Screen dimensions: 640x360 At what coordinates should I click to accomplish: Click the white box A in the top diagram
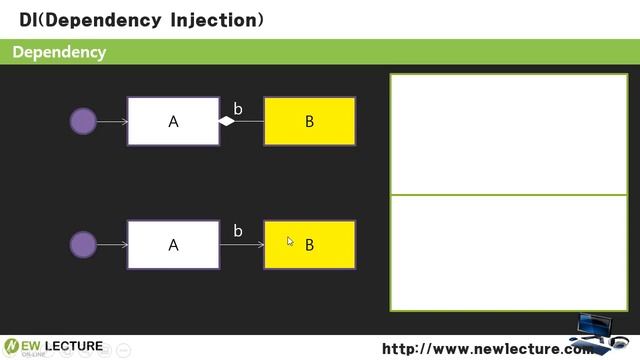point(173,121)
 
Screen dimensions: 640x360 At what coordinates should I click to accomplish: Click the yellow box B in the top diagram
point(309,121)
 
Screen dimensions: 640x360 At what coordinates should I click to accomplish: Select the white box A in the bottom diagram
point(173,244)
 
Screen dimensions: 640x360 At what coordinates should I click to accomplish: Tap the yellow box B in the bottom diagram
point(309,244)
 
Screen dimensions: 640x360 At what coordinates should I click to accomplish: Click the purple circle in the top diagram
point(83,122)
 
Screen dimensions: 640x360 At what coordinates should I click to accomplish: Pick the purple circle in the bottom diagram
point(83,244)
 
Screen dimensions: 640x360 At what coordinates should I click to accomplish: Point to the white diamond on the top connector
point(227,122)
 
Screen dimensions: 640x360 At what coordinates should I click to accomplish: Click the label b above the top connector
point(238,108)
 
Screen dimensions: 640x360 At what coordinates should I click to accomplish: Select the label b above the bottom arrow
point(238,231)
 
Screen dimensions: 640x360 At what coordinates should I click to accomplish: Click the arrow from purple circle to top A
point(112,122)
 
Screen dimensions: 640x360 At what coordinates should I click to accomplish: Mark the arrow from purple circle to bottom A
point(112,244)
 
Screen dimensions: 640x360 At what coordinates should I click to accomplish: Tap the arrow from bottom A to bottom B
point(241,244)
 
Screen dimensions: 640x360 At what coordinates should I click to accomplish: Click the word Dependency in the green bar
point(59,52)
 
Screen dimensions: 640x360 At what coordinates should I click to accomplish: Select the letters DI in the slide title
point(29,19)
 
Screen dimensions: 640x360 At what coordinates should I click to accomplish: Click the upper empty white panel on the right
point(508,134)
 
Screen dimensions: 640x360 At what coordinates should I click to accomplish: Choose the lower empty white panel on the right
point(508,252)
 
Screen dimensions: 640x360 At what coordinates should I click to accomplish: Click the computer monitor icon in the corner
point(600,332)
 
